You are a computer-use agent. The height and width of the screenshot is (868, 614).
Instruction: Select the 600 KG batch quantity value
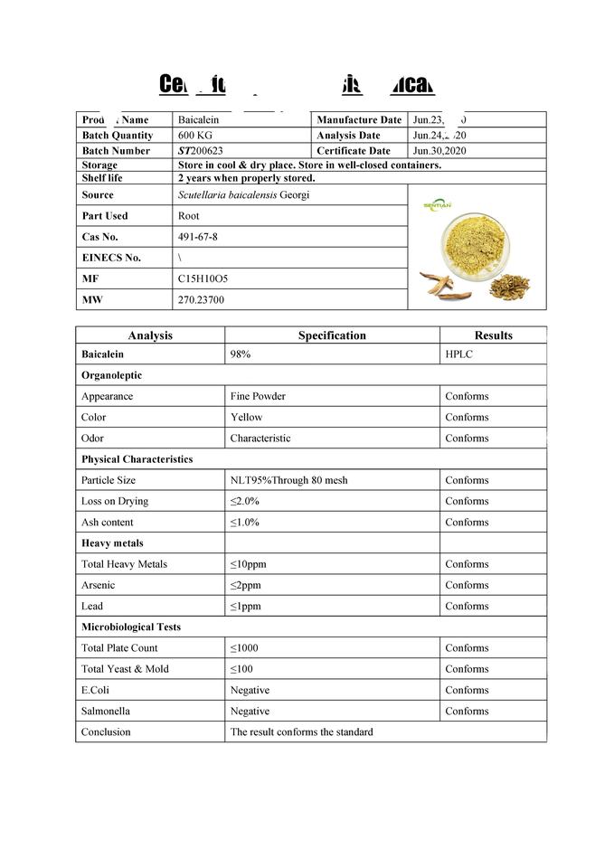(x=194, y=136)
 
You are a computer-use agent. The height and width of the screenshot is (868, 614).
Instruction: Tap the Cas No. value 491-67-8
(x=197, y=237)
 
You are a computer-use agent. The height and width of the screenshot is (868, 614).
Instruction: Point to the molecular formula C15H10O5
(x=203, y=279)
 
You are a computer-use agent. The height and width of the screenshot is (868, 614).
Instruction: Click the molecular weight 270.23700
(x=202, y=300)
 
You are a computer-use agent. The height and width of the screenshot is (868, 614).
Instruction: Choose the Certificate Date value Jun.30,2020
(x=439, y=151)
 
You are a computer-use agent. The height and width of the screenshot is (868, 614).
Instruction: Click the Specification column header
(x=332, y=335)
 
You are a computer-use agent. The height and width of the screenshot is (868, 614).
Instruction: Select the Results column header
(x=493, y=335)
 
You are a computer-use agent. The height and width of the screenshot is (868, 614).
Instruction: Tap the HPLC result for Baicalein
(x=458, y=354)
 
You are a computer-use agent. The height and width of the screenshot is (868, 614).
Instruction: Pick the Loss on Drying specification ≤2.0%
(x=245, y=501)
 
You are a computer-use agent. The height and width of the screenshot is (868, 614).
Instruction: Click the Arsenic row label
(x=99, y=585)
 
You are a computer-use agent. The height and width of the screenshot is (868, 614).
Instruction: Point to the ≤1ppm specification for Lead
(x=244, y=606)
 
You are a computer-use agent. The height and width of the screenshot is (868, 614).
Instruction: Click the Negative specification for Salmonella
(x=250, y=712)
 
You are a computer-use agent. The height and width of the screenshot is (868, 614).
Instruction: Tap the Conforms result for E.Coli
(x=467, y=691)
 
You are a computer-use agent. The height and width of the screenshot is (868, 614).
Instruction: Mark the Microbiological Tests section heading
(x=130, y=627)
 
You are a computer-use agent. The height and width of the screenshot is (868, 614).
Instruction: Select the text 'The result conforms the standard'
(x=301, y=732)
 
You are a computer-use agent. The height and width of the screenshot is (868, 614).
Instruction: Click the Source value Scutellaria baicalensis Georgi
(x=244, y=195)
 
